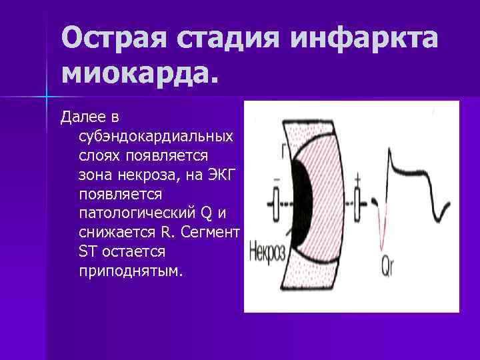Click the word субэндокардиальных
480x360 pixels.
coord(155,136)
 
